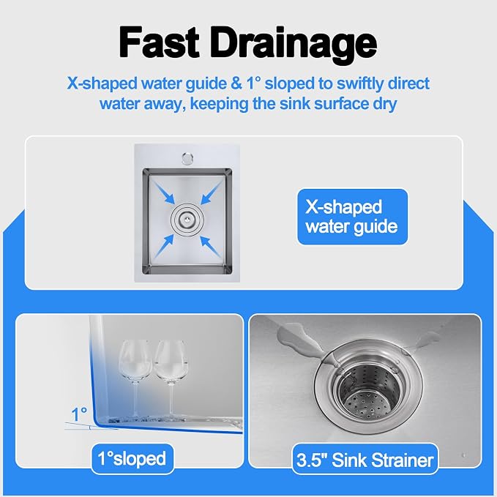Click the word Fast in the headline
click(159, 42)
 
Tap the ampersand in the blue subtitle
click(235, 83)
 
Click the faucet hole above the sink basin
click(187, 158)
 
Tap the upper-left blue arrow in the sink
click(163, 192)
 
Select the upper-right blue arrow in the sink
click(212, 192)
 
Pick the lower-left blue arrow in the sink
click(163, 246)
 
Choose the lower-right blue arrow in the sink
click(212, 246)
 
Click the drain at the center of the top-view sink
click(187, 219)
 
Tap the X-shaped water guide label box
click(353, 217)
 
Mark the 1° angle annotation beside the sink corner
click(79, 414)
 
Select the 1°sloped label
click(132, 459)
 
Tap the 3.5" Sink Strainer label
click(365, 460)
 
